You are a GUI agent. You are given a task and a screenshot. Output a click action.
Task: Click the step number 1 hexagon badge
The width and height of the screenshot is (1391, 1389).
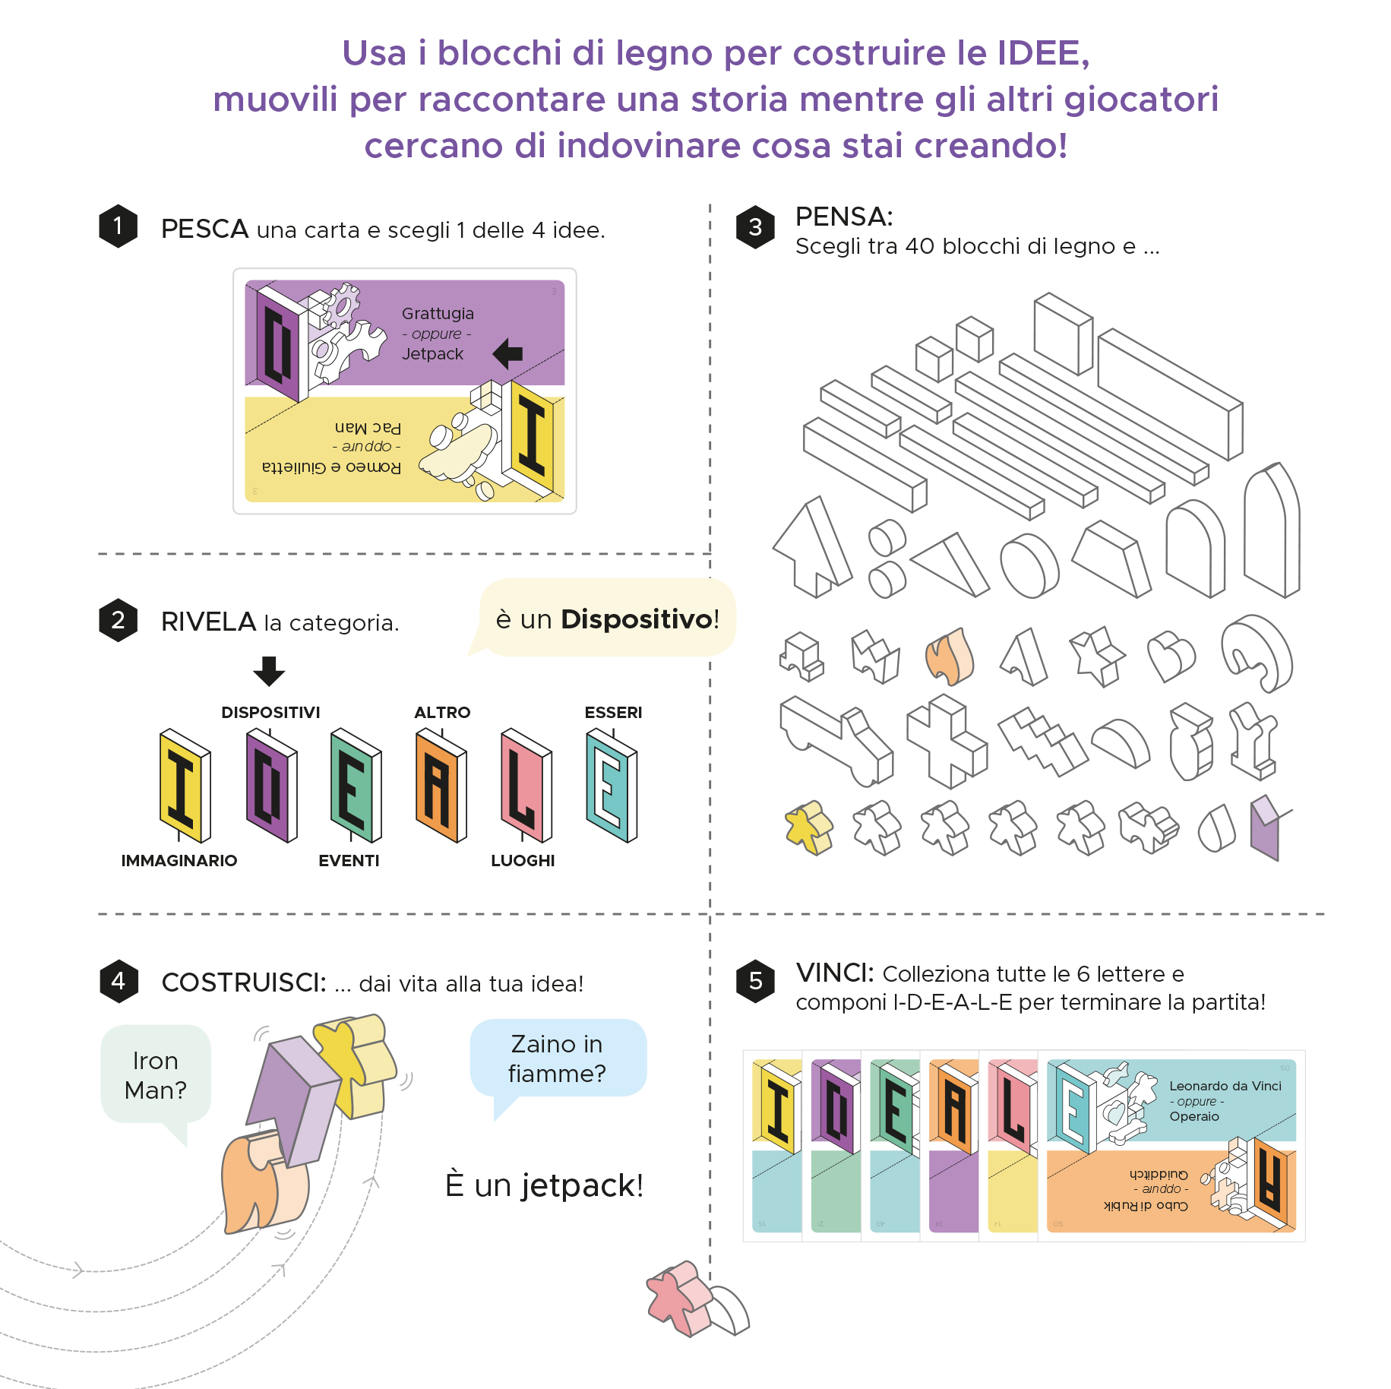[x=118, y=226]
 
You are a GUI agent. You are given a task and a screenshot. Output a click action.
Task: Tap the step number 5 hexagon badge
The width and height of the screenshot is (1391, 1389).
[x=755, y=980]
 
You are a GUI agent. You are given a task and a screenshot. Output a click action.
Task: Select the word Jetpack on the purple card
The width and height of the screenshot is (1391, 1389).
[x=432, y=354]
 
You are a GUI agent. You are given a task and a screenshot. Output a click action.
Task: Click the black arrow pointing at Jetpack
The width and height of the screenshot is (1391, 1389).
[x=507, y=353]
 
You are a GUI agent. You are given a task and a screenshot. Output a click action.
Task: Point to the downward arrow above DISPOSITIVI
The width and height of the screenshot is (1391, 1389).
[x=269, y=671]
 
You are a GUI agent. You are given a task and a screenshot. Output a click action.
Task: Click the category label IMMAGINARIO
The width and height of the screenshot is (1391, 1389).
[x=179, y=860]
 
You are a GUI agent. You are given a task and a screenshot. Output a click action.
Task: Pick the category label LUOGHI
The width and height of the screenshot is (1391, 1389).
[x=523, y=860]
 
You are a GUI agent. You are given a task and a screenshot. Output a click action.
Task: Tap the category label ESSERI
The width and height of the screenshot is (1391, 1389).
[x=613, y=713]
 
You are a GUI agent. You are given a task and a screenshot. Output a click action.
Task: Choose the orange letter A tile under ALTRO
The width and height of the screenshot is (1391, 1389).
[x=441, y=786]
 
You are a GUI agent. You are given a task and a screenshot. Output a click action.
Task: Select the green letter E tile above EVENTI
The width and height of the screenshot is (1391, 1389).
[x=355, y=786]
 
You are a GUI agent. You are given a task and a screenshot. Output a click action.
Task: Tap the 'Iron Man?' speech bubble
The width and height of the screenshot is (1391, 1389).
[x=156, y=1074]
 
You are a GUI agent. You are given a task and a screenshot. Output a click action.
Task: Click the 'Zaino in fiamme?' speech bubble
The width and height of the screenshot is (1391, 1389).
[x=557, y=1058]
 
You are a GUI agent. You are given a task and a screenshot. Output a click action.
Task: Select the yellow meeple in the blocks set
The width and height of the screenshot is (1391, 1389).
[x=808, y=827]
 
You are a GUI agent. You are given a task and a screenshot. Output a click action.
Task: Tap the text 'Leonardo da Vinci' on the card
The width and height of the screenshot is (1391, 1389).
[x=1225, y=1086]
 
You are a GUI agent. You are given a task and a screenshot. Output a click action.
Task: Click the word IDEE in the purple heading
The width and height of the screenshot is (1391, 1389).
[x=1042, y=53]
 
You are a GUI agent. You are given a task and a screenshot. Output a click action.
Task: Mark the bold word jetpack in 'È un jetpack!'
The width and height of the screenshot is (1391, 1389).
[x=581, y=1186]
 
